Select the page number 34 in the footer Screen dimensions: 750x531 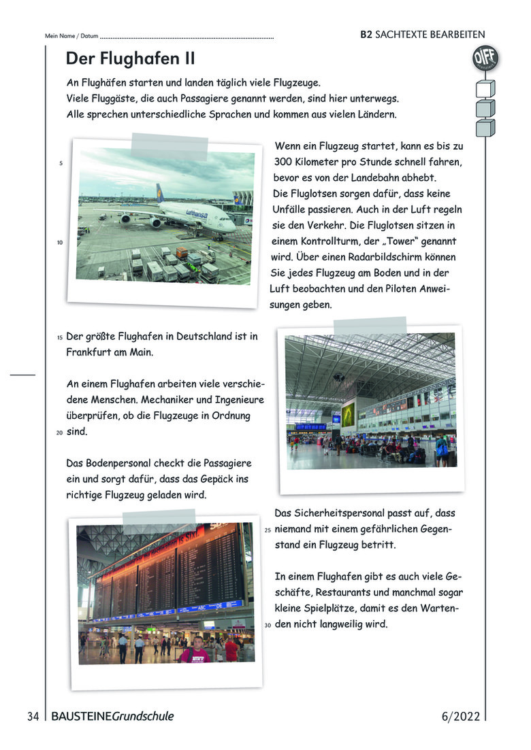33,716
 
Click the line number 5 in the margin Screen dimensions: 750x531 61,163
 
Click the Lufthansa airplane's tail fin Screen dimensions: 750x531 160,193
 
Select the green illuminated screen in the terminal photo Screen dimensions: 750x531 348,415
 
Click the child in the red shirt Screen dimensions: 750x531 194,651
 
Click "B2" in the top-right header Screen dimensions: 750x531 366,35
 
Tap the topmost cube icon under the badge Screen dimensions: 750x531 485,88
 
